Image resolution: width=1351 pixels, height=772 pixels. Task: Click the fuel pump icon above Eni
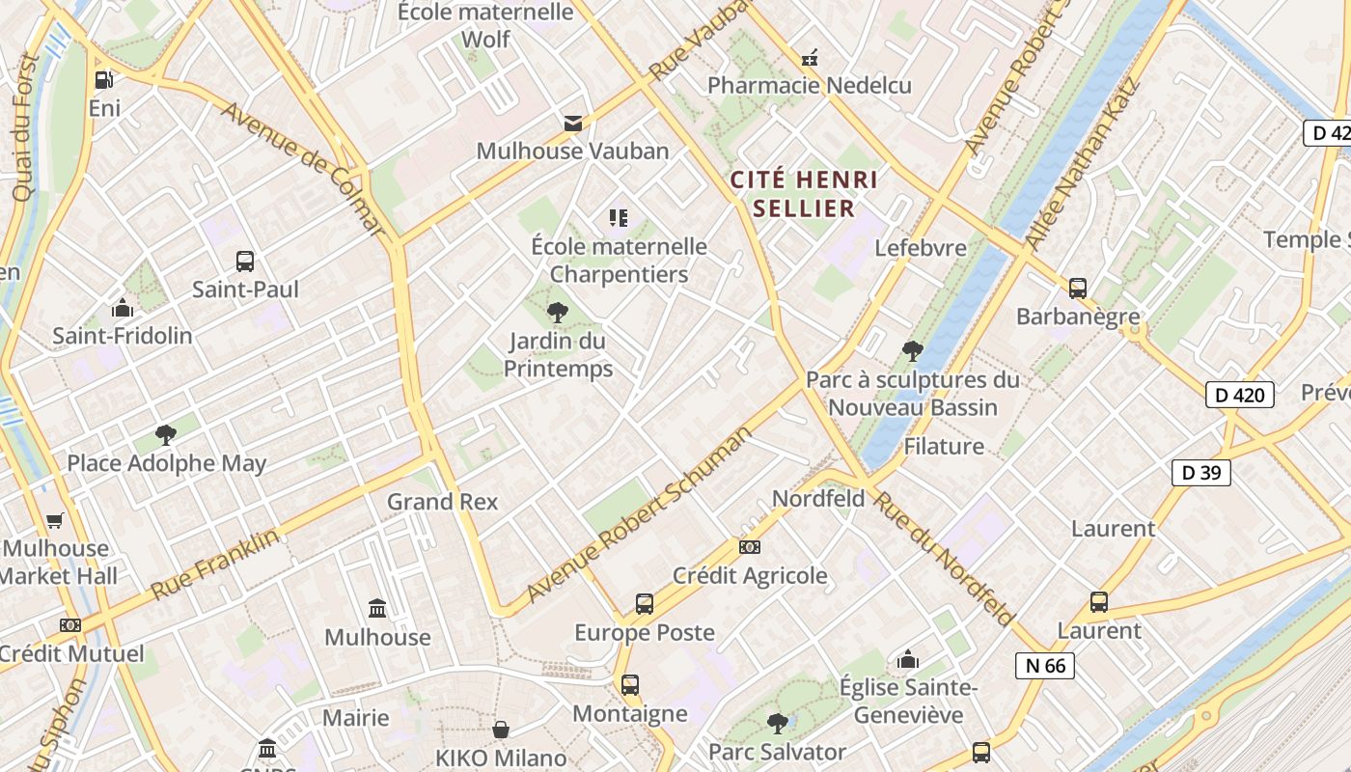pos(103,80)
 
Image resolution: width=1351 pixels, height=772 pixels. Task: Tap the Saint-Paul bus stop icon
pos(245,261)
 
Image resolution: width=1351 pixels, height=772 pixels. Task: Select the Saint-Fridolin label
pos(123,336)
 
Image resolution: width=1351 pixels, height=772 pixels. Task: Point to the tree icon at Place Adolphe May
pos(166,434)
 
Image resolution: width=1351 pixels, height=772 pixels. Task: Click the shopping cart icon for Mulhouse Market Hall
pos(55,521)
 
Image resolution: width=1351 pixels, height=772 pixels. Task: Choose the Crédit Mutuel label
pos(72,653)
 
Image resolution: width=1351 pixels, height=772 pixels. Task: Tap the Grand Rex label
pos(442,502)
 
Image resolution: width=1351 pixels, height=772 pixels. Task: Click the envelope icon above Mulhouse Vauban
pos(573,123)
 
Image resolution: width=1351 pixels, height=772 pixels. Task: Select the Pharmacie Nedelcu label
pos(809,85)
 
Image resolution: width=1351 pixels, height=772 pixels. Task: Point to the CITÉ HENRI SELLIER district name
pos(804,193)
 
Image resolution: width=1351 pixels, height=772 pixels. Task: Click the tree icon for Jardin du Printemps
pos(557,312)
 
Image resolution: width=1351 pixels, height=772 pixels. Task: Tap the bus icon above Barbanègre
pos(1078,288)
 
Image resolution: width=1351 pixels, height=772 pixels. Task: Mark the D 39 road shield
pos(1201,472)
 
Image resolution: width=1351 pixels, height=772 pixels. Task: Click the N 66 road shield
pos(1045,665)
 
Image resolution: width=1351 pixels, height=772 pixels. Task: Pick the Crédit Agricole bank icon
pos(750,547)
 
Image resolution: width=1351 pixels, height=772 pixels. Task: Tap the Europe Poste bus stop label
pos(645,633)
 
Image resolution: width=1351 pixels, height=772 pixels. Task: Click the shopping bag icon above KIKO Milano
pos(501,729)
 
